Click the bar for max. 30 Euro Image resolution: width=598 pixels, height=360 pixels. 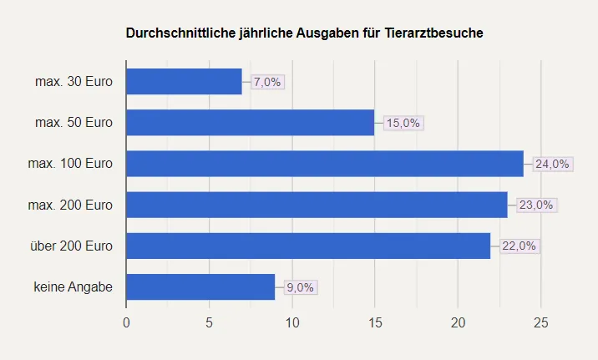[184, 82]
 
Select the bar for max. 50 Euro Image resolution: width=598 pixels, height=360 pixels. [250, 123]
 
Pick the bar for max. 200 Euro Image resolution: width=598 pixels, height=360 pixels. [317, 205]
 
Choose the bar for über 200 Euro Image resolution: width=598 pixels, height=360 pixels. [308, 246]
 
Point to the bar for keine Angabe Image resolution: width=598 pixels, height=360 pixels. [200, 286]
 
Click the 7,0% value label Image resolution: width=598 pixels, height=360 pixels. [267, 82]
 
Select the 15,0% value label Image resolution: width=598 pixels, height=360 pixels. [404, 123]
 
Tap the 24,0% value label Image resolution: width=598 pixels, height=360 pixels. [552, 164]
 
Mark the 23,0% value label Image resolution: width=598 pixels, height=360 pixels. [536, 205]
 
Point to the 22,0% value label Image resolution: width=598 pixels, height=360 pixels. [519, 246]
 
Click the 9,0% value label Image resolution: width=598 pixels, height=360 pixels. [300, 286]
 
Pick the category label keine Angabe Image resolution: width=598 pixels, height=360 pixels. [73, 286]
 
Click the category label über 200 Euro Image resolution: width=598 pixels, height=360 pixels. [71, 246]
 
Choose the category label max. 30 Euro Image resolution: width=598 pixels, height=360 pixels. [74, 82]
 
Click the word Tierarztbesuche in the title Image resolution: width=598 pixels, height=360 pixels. [434, 33]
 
